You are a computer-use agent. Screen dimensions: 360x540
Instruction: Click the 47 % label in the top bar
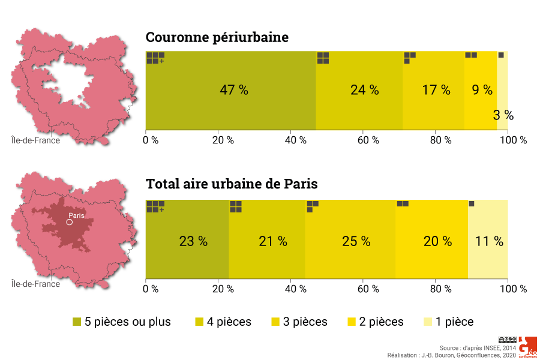(233, 90)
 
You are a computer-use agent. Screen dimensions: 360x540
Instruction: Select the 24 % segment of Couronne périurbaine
(364, 90)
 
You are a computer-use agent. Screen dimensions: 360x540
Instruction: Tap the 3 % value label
(503, 116)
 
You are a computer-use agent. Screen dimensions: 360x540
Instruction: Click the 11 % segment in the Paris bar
(489, 241)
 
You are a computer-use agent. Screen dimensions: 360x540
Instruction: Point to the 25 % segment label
(356, 241)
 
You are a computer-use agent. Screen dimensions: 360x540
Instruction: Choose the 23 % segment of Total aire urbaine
(193, 241)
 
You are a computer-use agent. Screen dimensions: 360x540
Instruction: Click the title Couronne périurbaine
(217, 37)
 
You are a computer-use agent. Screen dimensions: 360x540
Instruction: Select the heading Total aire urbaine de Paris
(232, 184)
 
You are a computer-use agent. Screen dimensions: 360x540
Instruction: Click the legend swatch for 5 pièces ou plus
(77, 322)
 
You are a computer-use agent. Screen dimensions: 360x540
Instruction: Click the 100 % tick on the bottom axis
(514, 289)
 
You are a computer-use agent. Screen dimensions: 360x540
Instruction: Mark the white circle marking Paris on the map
(69, 222)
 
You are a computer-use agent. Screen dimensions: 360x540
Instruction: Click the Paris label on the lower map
(76, 215)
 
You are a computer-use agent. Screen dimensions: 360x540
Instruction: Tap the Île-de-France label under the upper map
(36, 140)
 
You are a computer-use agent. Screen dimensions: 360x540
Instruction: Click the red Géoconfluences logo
(528, 347)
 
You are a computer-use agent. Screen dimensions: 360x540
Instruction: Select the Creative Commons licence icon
(507, 340)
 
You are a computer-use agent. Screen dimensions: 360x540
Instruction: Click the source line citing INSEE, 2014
(477, 348)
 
